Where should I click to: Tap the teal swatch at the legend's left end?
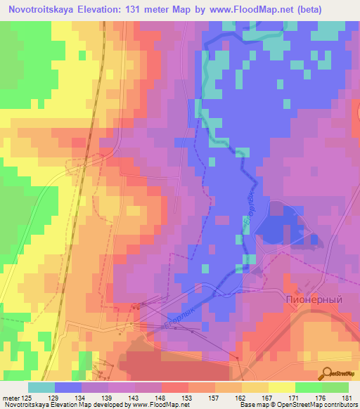pos(41,387)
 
